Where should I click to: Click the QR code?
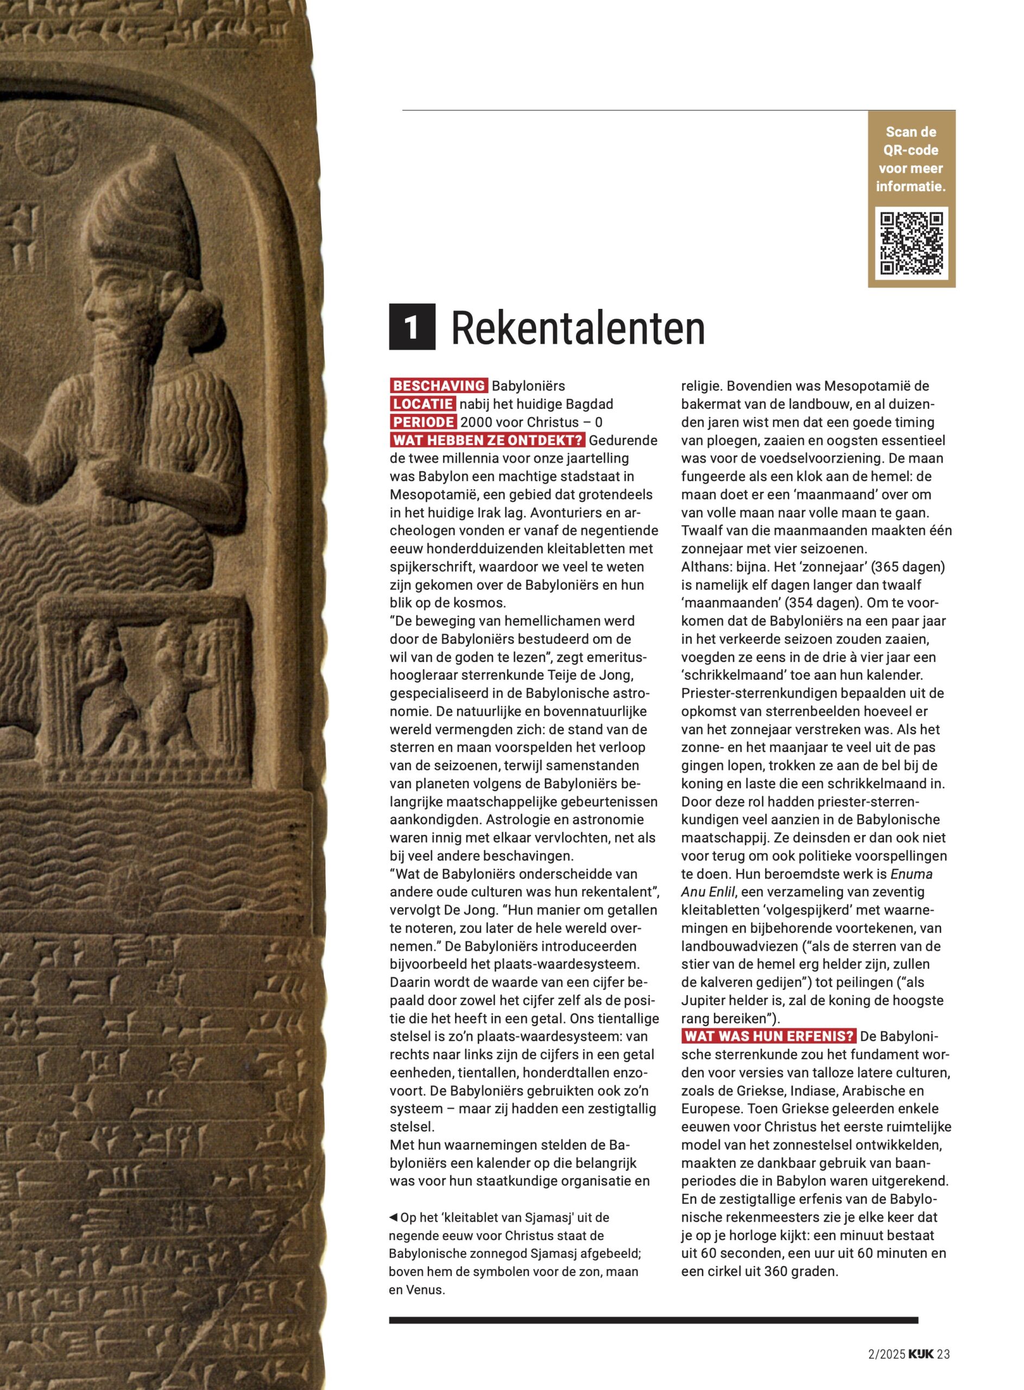click(x=911, y=244)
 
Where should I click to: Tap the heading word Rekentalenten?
click(x=578, y=328)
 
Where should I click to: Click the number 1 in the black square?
click(x=412, y=326)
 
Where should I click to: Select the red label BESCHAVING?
click(x=439, y=386)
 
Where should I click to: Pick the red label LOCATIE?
click(x=423, y=404)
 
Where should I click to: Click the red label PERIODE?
click(x=423, y=422)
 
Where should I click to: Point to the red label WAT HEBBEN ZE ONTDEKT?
click(x=487, y=440)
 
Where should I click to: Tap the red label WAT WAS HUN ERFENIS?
click(x=769, y=1037)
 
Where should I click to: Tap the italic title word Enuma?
click(x=911, y=874)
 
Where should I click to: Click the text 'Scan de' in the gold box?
click(x=911, y=132)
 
